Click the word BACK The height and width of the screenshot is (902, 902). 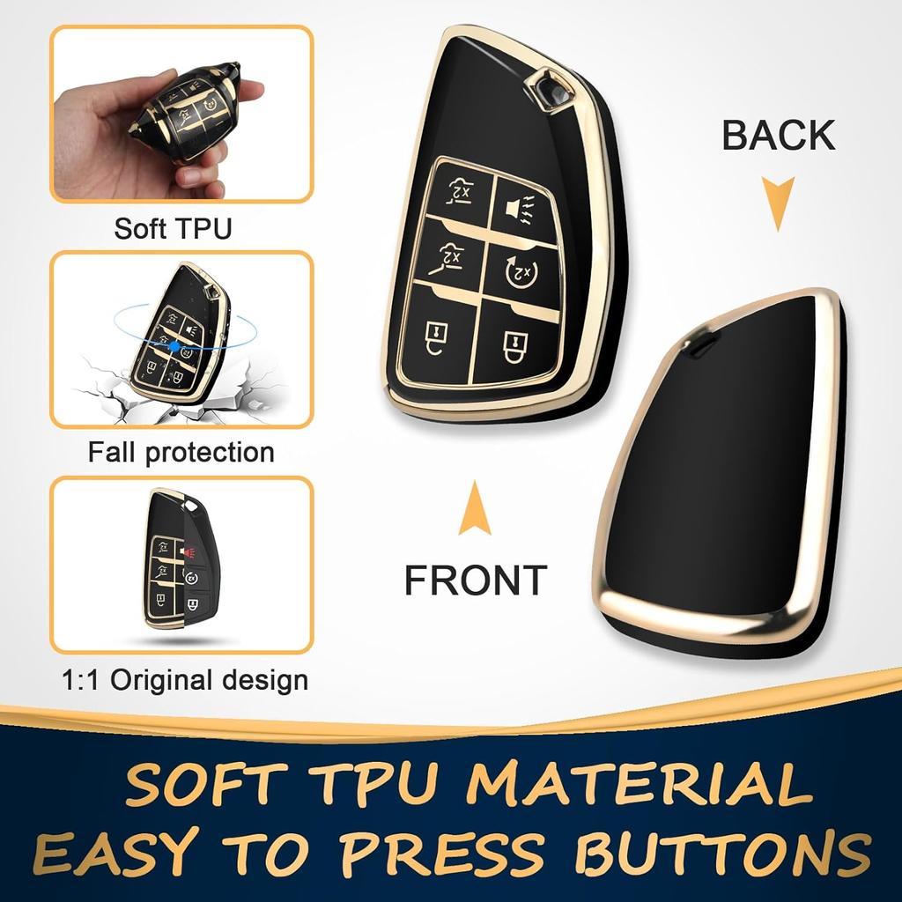click(x=778, y=136)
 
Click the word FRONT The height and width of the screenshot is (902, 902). click(x=476, y=580)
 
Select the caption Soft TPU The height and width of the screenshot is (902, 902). click(x=173, y=229)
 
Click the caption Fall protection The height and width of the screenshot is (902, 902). click(x=181, y=453)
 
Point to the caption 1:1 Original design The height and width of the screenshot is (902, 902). click(x=185, y=680)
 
